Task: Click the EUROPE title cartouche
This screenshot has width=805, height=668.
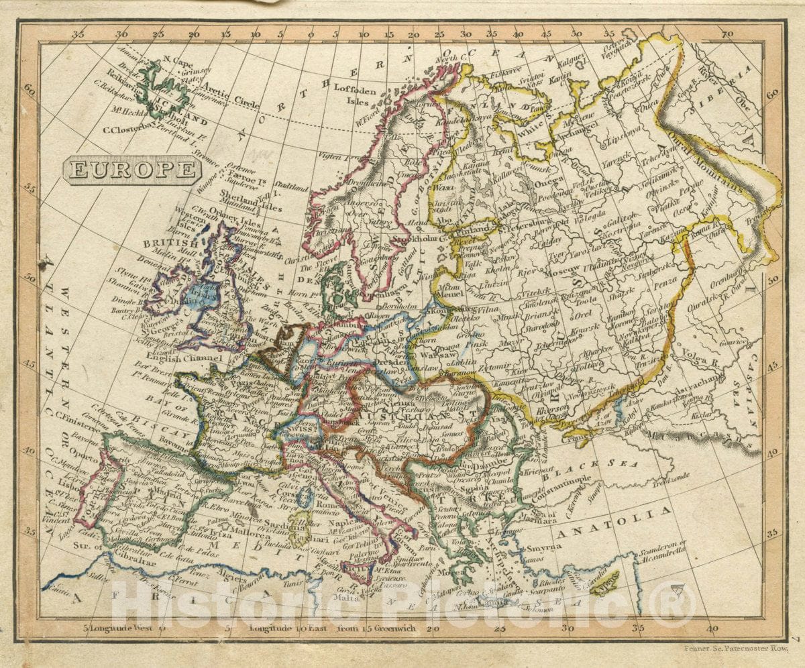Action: tap(131, 170)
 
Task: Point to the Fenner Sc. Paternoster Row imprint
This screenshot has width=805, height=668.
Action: tap(736, 649)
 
